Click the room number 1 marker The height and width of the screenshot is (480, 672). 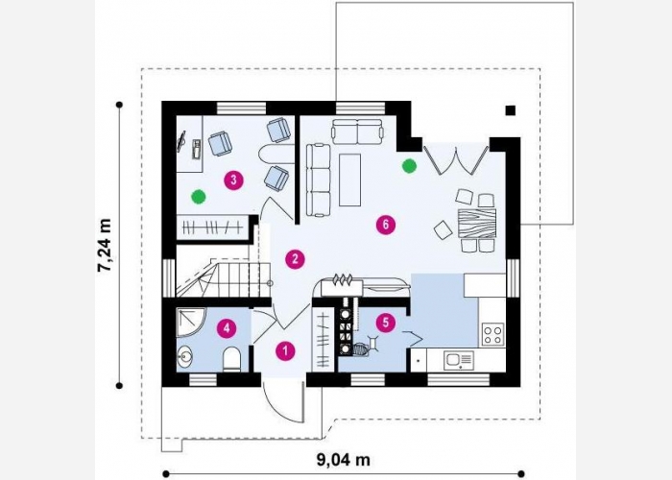pyautogui.click(x=285, y=351)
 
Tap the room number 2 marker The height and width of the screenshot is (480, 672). pyautogui.click(x=295, y=259)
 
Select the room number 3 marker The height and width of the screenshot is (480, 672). pyautogui.click(x=233, y=180)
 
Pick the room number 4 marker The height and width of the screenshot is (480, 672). pyautogui.click(x=227, y=328)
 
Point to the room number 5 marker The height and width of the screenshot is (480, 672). pyautogui.click(x=386, y=323)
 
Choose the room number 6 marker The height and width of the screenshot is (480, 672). pyautogui.click(x=386, y=225)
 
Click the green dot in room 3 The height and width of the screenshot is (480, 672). pyautogui.click(x=198, y=197)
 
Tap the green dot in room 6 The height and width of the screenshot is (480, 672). pyautogui.click(x=409, y=166)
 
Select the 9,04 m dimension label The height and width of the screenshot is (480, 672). pyautogui.click(x=344, y=460)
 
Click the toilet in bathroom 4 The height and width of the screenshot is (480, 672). pyautogui.click(x=232, y=360)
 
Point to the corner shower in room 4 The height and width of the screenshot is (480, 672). pyautogui.click(x=191, y=323)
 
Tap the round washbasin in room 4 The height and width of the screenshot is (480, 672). pyautogui.click(x=185, y=355)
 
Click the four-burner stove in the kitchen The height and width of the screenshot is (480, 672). pyautogui.click(x=492, y=335)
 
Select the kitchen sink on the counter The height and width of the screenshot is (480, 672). pyautogui.click(x=458, y=360)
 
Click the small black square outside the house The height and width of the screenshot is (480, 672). pyautogui.click(x=510, y=110)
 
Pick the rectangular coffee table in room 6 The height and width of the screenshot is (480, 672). pyautogui.click(x=349, y=180)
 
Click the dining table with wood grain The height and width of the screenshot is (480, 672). pyautogui.click(x=476, y=223)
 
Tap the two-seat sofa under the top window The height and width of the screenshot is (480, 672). pyautogui.click(x=357, y=132)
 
